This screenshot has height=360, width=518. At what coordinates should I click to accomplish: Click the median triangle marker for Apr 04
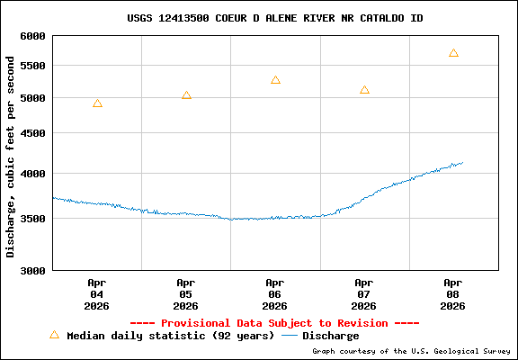(97, 103)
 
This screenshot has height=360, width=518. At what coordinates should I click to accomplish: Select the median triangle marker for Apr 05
(186, 95)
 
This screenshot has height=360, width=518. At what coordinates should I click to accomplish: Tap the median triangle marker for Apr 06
(275, 80)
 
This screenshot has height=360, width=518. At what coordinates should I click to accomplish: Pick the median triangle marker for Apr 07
(364, 90)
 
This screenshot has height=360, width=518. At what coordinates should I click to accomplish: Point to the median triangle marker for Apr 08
(453, 53)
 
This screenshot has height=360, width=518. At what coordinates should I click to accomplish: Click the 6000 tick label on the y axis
(33, 36)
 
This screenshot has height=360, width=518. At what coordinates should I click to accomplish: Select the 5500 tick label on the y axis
(33, 67)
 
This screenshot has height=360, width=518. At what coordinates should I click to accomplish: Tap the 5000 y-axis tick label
(33, 98)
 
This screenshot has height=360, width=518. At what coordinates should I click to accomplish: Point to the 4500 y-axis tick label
(33, 133)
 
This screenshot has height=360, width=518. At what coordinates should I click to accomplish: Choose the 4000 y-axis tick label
(33, 174)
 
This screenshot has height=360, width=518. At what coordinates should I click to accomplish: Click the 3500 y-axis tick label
(33, 219)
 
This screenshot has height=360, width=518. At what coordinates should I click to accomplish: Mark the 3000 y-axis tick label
(33, 270)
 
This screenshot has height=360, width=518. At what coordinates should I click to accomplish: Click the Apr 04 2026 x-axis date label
(97, 294)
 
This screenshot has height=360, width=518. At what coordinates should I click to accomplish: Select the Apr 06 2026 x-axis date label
(275, 294)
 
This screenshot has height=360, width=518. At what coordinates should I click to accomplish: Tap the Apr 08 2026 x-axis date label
(453, 294)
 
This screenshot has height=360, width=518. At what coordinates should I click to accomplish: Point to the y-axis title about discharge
(11, 156)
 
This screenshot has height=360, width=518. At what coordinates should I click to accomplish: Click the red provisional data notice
(274, 323)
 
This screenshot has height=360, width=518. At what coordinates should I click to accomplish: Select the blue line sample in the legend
(290, 336)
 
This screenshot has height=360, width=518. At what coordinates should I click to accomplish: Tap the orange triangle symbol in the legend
(54, 335)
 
